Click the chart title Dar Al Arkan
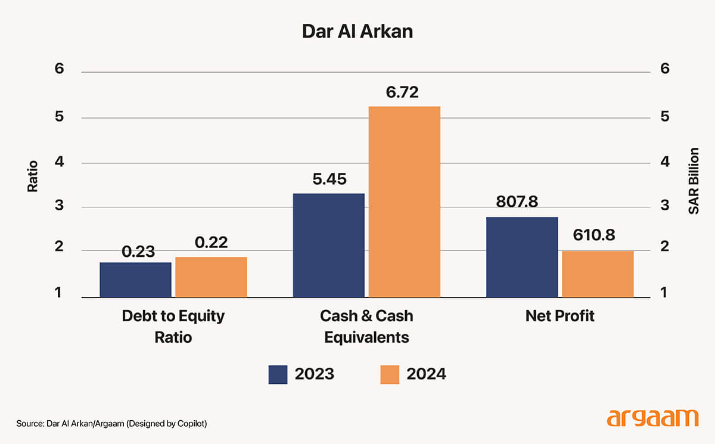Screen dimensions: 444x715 pyautogui.click(x=357, y=31)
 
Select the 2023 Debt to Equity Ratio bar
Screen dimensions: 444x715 pyautogui.click(x=135, y=280)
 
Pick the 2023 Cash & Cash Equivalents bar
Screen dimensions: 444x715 pyautogui.click(x=328, y=245)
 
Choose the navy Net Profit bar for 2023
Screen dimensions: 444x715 pyautogui.click(x=522, y=257)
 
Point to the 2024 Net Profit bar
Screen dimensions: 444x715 pyautogui.click(x=598, y=274)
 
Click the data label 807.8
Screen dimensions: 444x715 pyautogui.click(x=517, y=201)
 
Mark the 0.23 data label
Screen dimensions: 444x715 pyautogui.click(x=138, y=252)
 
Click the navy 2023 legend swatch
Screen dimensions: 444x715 pyautogui.click(x=278, y=374)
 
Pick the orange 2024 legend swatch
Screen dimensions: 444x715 pyautogui.click(x=389, y=374)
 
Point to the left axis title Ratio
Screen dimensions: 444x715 pyautogui.click(x=33, y=176)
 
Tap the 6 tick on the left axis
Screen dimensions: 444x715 pyautogui.click(x=58, y=69)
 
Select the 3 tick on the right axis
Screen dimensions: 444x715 pyautogui.click(x=665, y=206)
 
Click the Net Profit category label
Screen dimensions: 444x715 pyautogui.click(x=559, y=315)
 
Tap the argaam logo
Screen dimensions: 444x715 pyautogui.click(x=652, y=417)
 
